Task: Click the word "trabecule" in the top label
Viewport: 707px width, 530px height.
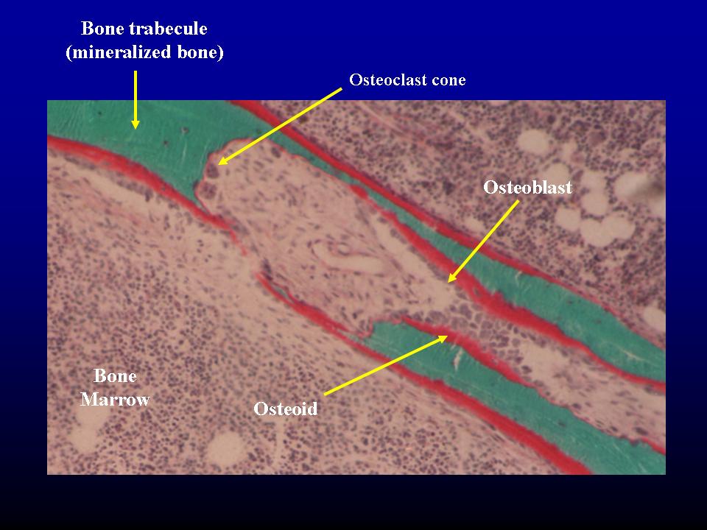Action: coord(169,29)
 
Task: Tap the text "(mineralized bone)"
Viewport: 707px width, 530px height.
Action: coord(145,52)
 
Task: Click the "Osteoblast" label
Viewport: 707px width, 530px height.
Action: coord(527,187)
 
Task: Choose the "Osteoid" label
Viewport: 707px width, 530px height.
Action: coord(286,409)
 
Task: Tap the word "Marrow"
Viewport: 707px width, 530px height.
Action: coord(115,399)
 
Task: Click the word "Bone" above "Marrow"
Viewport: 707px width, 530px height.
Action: coord(115,376)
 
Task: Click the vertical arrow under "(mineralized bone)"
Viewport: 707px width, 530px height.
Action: coord(136,99)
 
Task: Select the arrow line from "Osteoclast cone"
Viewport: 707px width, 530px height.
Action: coord(280,127)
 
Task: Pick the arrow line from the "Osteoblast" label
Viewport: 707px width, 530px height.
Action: coord(483,241)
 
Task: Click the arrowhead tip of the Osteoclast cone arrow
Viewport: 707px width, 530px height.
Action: coord(219,164)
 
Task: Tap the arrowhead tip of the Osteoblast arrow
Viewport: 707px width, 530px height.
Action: coord(449,282)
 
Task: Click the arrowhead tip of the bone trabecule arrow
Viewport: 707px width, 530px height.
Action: coord(136,128)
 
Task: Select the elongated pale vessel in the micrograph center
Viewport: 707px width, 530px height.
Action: coord(349,256)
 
